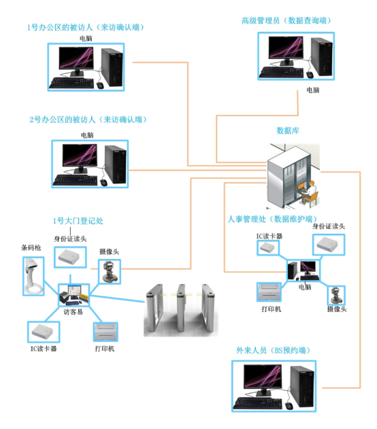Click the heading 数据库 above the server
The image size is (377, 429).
pyautogui.click(x=287, y=131)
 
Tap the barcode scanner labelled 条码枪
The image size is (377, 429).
pyautogui.click(x=33, y=276)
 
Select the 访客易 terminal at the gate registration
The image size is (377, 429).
pyautogui.click(x=73, y=295)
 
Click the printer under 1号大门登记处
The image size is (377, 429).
pyautogui.click(x=105, y=332)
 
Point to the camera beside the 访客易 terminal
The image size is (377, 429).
pyautogui.click(x=110, y=272)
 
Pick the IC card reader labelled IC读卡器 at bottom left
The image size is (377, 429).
pyautogui.click(x=44, y=332)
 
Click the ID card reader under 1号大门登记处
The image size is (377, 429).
pyautogui.click(x=70, y=257)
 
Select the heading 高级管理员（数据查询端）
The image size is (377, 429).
pyautogui.click(x=286, y=21)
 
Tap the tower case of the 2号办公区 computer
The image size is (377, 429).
pyautogui.click(x=115, y=164)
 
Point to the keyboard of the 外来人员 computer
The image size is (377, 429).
pyautogui.click(x=258, y=403)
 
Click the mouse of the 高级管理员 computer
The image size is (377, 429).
pyautogui.click(x=310, y=75)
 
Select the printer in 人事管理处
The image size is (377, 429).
pyautogui.click(x=269, y=292)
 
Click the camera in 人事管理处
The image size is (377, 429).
pyautogui.click(x=336, y=295)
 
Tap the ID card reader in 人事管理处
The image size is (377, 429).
pyautogui.click(x=329, y=245)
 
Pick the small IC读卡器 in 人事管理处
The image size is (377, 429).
pyautogui.click(x=267, y=248)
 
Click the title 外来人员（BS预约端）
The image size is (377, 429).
pyautogui.click(x=274, y=351)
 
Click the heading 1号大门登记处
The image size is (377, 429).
pyautogui.click(x=78, y=221)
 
